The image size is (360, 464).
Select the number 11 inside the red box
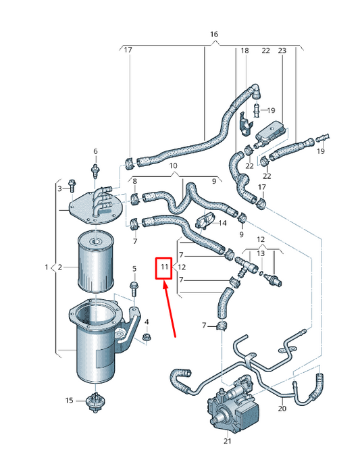tap(163, 268)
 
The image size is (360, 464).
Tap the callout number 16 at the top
tap(214, 34)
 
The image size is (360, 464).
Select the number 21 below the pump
tap(228, 442)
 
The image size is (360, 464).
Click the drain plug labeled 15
tap(94, 401)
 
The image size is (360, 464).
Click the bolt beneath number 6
tap(95, 167)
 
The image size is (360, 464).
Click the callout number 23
tap(282, 51)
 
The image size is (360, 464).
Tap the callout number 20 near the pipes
tap(282, 409)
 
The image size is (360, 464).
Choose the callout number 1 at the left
tap(47, 267)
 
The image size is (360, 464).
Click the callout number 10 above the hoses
tap(173, 165)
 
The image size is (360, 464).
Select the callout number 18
tap(245, 51)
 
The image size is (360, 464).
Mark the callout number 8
tap(134, 181)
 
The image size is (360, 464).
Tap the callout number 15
tap(69, 401)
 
